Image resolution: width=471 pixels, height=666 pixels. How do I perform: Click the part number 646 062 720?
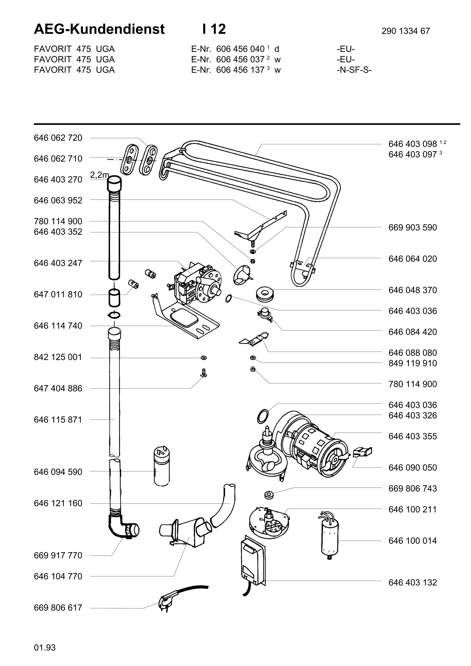tap(58, 138)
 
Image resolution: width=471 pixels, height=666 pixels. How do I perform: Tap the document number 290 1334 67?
tap(405, 31)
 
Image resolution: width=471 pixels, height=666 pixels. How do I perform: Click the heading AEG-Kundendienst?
tap(99, 29)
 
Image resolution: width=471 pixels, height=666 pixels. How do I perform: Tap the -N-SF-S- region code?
tap(354, 70)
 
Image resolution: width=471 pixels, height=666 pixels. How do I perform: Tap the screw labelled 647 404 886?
tap(204, 373)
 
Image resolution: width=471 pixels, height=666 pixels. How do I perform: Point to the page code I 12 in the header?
tap(214, 29)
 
